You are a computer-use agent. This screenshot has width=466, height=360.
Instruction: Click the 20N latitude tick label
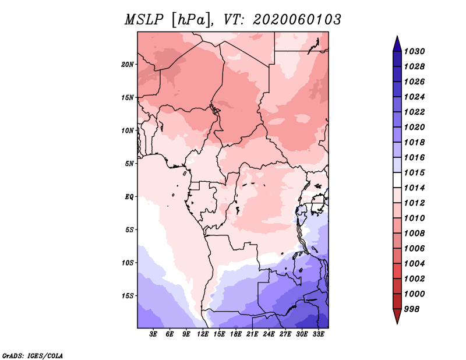128,64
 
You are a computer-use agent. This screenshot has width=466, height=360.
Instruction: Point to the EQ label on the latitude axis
129,197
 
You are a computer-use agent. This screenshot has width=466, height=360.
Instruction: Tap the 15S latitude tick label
128,296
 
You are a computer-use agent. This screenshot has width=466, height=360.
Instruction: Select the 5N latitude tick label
129,164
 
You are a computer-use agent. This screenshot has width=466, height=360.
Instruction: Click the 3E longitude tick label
153,334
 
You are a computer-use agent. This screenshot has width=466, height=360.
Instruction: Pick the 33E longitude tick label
318,334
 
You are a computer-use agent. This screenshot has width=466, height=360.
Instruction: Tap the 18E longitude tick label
236,334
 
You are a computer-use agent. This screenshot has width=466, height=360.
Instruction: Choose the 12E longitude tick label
203,334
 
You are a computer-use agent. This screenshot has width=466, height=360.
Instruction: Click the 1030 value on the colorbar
414,51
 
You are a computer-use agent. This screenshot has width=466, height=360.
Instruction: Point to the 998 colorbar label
412,309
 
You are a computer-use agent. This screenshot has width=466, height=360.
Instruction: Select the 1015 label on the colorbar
414,172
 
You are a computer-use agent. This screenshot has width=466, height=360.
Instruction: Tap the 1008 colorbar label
414,234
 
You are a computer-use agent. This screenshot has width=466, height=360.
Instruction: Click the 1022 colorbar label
414,112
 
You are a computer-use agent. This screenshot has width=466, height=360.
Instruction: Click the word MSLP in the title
144,20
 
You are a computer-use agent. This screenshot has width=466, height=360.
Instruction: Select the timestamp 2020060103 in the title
297,20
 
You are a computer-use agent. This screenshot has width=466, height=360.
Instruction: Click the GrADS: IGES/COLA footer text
33,356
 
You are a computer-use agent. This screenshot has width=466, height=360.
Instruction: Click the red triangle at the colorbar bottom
397,315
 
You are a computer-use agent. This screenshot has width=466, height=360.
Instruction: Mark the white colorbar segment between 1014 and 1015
397,180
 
